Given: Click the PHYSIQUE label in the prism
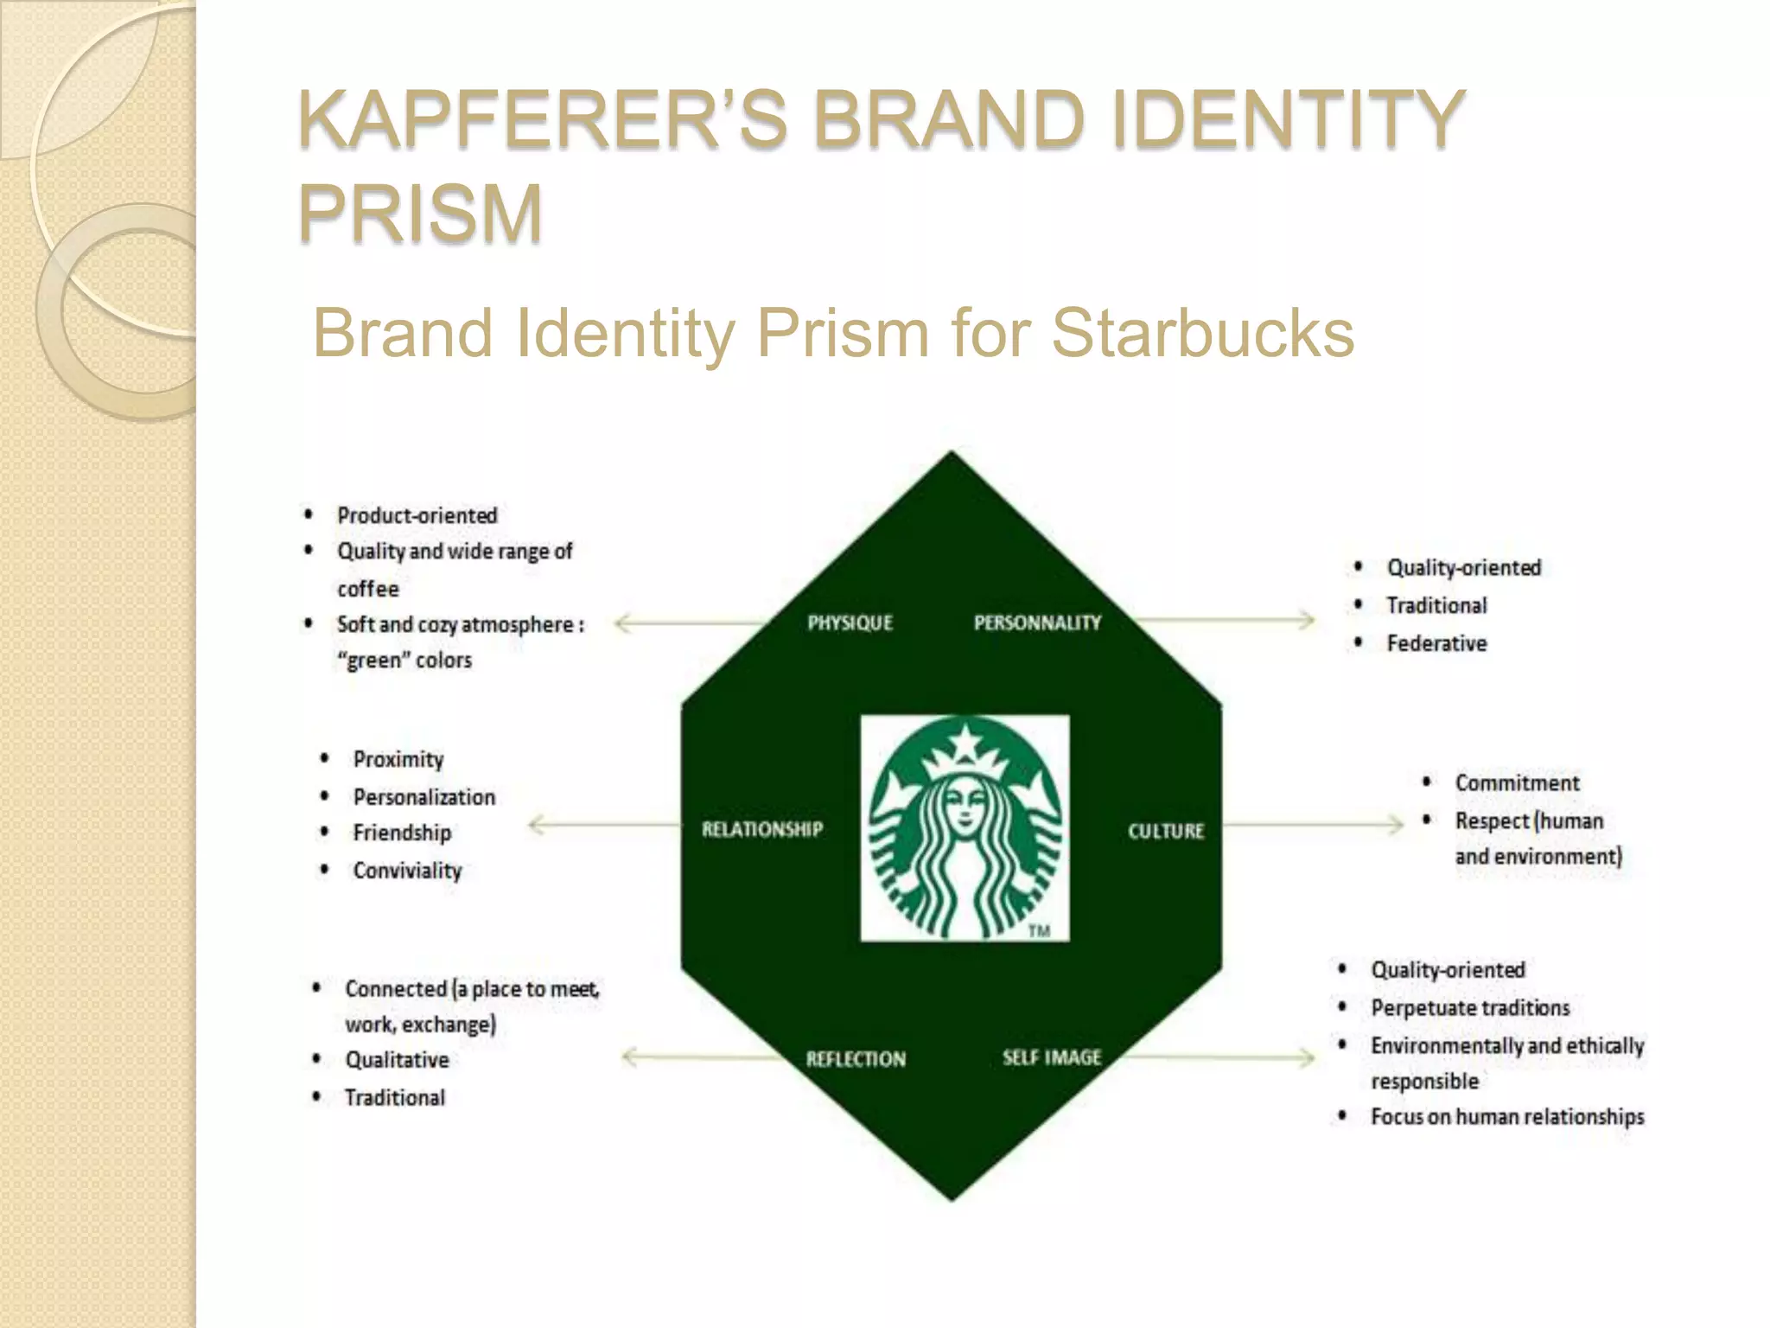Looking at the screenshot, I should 850,622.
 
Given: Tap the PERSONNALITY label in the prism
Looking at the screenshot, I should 1037,622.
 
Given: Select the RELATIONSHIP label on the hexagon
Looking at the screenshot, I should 761,829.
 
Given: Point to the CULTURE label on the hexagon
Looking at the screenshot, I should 1165,831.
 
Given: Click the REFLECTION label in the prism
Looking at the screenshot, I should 856,1058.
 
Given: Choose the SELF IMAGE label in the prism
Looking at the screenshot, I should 1052,1057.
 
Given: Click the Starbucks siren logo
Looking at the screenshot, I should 965,828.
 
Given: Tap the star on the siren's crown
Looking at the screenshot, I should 965,742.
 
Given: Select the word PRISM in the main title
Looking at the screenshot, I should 421,213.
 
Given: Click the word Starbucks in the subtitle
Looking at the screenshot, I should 1202,333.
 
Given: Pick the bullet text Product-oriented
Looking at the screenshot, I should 417,516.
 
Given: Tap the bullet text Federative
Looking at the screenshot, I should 1436,643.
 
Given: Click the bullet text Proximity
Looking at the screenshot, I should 398,759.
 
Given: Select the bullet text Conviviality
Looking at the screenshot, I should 407,871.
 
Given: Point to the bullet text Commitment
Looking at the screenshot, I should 1517,782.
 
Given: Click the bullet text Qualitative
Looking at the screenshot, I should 397,1060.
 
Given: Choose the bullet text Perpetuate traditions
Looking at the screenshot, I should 1469,1008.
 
